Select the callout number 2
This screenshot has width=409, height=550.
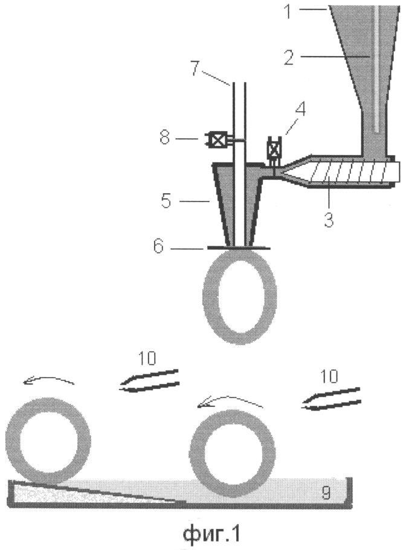tap(289, 57)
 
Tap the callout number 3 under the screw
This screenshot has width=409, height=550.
tap(328, 219)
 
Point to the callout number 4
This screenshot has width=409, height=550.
tap(300, 109)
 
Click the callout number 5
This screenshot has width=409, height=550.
tap(166, 201)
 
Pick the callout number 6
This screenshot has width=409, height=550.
tap(158, 246)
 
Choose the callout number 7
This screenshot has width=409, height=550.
tap(195, 68)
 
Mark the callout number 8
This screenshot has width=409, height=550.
tap(165, 138)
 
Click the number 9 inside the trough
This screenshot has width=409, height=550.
tap(326, 493)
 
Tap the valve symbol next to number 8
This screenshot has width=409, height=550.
tap(217, 140)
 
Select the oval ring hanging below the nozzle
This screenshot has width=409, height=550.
tap(240, 296)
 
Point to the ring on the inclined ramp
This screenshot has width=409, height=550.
tap(48, 441)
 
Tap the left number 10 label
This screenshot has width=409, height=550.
tap(147, 358)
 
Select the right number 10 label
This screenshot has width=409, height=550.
tap(329, 376)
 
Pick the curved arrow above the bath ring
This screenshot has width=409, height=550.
tap(230, 400)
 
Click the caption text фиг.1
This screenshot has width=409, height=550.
tap(211, 534)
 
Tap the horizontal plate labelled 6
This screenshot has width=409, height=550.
tap(239, 248)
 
